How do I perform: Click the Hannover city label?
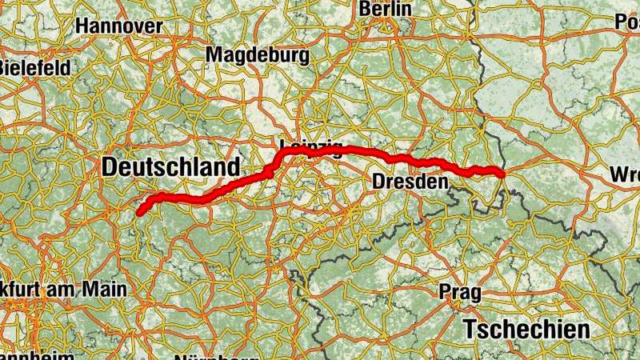coord(118,26)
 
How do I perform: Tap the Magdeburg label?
coord(258,55)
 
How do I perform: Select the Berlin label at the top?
coord(386,9)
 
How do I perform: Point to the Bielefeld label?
coord(33,67)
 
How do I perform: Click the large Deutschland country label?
coord(170,168)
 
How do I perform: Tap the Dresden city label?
coord(409,182)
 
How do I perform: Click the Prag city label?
coord(460,293)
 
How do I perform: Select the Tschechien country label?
coord(527,329)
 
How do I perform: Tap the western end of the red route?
coord(139,213)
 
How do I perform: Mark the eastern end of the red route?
coord(501,174)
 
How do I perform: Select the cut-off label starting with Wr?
coord(625,174)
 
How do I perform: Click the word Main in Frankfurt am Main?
coord(106,289)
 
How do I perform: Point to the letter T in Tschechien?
coord(470,329)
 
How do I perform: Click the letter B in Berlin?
coord(366,9)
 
